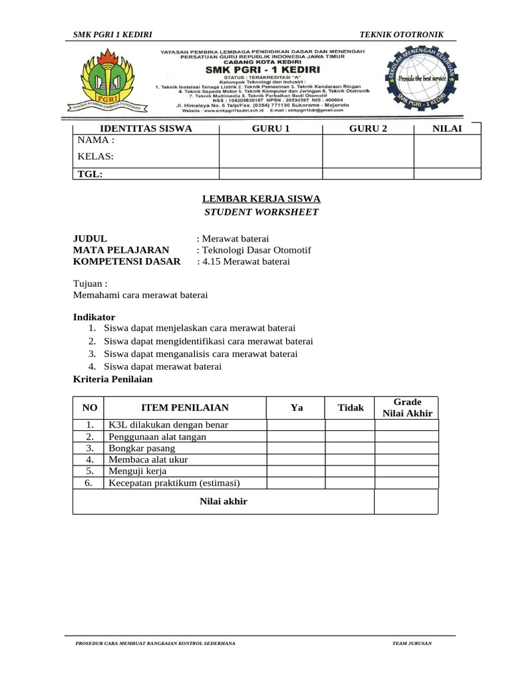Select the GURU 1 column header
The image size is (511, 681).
[271, 128]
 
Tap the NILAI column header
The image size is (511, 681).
[447, 128]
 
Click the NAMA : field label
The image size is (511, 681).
[96, 140]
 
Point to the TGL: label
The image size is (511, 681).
[90, 174]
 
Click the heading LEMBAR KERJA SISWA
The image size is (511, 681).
[261, 199]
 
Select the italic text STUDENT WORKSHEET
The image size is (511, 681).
[261, 212]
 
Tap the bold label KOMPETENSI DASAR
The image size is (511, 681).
[126, 261]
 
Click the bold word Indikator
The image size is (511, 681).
[93, 317]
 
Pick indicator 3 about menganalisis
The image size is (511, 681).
[200, 354]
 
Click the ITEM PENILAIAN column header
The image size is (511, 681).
[185, 408]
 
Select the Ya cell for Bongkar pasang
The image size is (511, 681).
[296, 448]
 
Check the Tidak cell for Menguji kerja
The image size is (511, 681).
[350, 472]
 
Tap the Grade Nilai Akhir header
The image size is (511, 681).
[407, 408]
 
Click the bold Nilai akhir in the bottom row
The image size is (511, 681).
[224, 501]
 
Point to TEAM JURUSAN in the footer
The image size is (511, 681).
[412, 644]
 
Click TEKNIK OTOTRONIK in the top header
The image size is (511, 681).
[401, 35]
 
